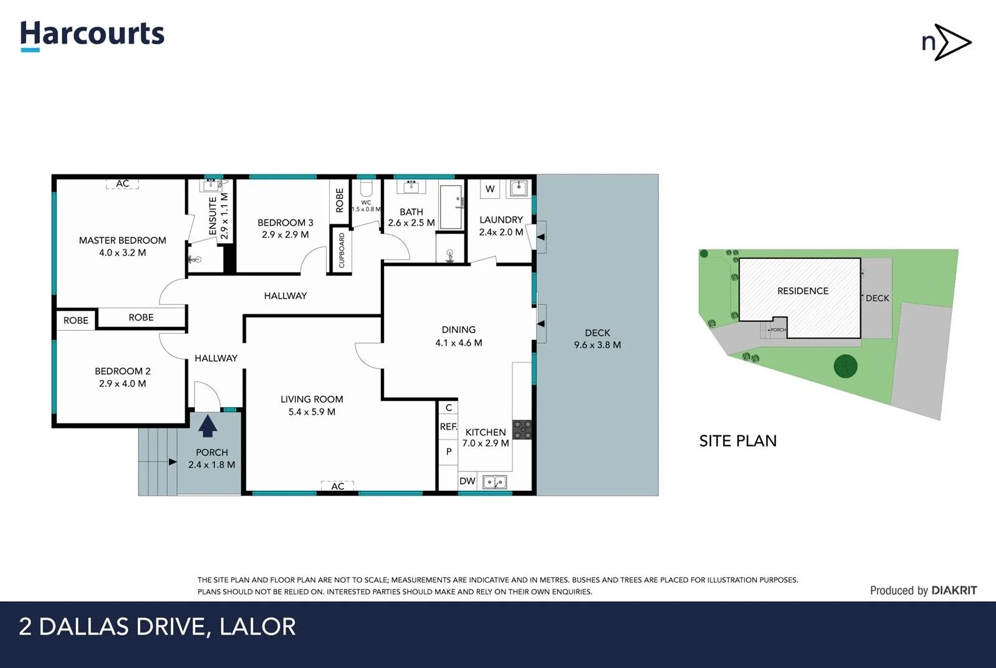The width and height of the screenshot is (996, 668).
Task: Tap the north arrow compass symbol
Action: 947,42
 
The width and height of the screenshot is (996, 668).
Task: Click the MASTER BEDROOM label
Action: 122,240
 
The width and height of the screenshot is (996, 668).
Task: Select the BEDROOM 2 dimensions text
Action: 122,384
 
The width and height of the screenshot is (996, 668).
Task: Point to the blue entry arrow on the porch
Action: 207,427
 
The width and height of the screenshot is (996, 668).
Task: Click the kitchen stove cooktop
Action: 522,430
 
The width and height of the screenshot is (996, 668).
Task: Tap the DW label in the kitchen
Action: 467,481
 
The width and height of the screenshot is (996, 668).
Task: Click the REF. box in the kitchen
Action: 448,427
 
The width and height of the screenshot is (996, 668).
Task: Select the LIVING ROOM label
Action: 312,399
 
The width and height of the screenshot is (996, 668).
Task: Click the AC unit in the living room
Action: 337,486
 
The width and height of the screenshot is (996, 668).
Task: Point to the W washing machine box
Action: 490,189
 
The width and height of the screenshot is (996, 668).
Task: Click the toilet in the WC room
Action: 366,188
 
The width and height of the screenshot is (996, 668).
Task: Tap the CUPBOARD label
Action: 342,251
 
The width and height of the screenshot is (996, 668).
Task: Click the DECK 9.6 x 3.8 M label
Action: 597,339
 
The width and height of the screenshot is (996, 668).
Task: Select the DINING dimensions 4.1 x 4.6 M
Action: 459,342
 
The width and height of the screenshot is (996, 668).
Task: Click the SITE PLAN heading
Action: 738,441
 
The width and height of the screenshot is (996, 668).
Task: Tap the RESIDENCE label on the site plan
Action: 803,291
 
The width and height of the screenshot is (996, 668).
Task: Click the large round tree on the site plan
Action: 845,366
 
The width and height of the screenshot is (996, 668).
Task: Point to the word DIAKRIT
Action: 954,590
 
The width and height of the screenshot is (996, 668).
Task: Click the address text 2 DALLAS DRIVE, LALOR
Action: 158,627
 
